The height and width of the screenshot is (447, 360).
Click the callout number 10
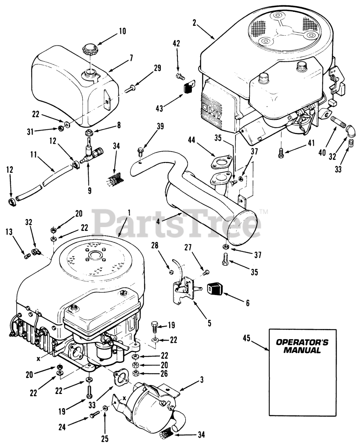tap(122, 31)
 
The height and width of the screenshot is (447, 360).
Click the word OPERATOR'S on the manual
tap(302, 343)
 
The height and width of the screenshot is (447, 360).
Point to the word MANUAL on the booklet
tap(302, 350)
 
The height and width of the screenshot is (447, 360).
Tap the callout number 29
tap(157, 68)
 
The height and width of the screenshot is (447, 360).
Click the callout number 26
tap(164, 374)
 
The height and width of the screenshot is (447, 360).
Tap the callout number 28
tap(155, 246)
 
